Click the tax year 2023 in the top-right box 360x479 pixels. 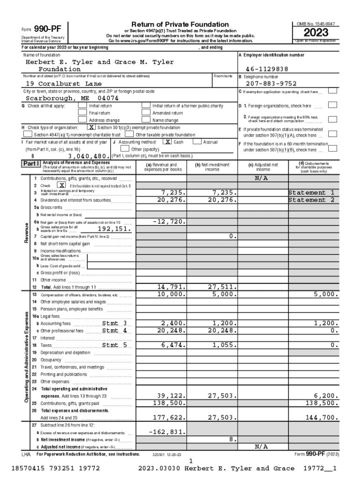click(x=316, y=33)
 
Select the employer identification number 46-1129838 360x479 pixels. click(x=270, y=69)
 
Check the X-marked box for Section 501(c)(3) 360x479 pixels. click(x=92, y=127)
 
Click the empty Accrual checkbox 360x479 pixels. click(x=198, y=141)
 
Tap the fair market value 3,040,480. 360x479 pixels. click(x=89, y=156)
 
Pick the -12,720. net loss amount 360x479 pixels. click(x=169, y=222)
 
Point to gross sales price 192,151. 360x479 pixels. click(x=115, y=229)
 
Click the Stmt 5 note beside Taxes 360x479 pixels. click(x=115, y=345)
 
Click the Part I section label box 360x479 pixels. click(x=31, y=164)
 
